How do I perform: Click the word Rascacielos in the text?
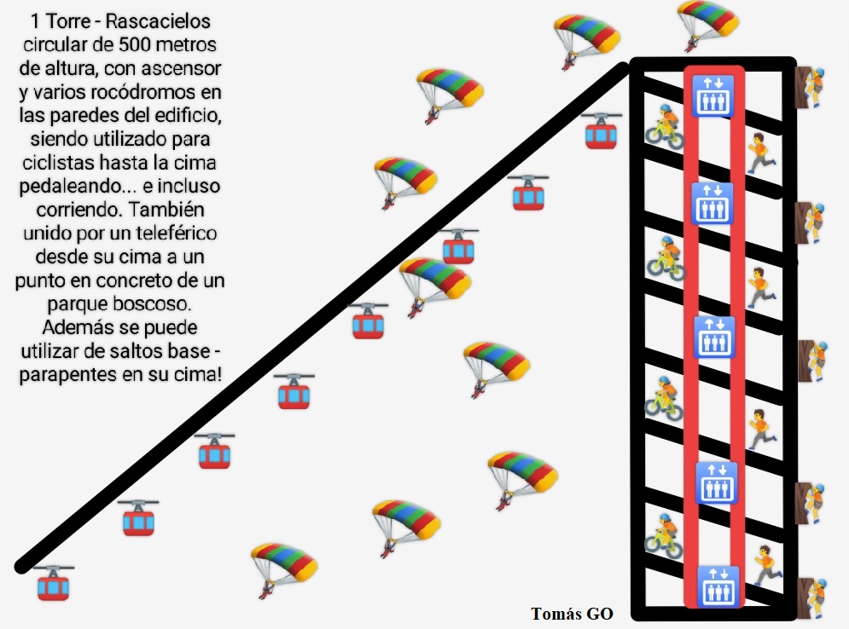coord(158,21)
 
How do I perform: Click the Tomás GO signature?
coord(572,614)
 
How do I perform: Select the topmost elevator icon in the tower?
coord(713,95)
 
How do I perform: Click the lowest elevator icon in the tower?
coord(718,586)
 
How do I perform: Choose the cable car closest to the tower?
coord(601,131)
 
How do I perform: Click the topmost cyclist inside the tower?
coord(665,128)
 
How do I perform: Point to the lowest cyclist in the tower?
coord(664,536)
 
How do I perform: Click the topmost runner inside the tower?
coord(761,153)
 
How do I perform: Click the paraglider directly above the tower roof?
coord(707,25)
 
